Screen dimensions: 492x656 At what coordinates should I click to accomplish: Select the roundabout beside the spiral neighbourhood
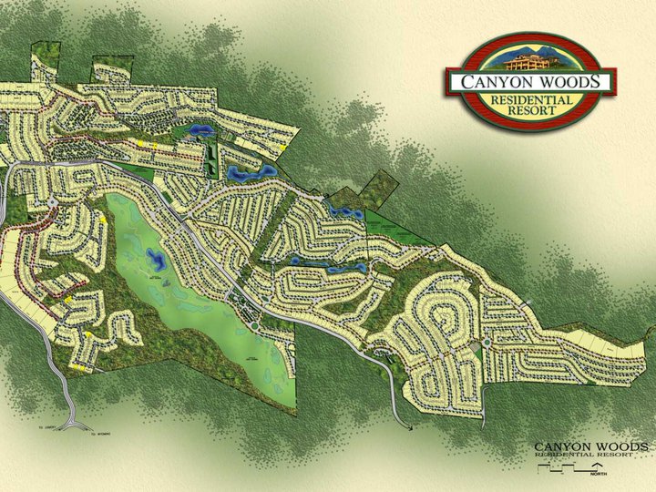coord(488,343)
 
